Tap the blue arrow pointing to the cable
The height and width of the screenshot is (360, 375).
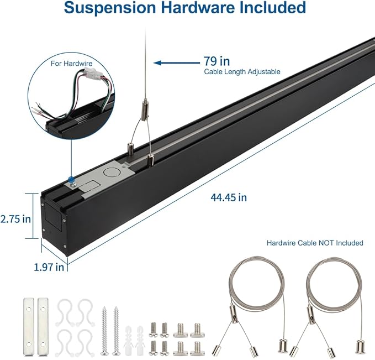173,62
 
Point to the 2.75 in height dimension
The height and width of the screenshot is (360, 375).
15,218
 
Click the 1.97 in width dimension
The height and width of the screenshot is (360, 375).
49,267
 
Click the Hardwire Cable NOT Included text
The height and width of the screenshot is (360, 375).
315,243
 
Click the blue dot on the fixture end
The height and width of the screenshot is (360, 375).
71,179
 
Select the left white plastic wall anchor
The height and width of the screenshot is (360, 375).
130,337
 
